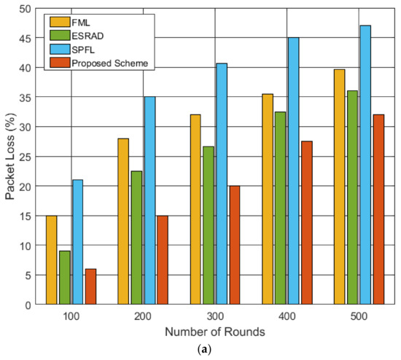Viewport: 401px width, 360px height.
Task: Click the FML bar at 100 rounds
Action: pos(51,259)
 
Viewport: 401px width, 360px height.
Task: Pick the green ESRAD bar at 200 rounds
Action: pos(136,237)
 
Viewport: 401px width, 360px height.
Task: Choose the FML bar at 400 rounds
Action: pos(268,199)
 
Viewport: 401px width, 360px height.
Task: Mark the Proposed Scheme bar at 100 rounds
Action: pos(90,286)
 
